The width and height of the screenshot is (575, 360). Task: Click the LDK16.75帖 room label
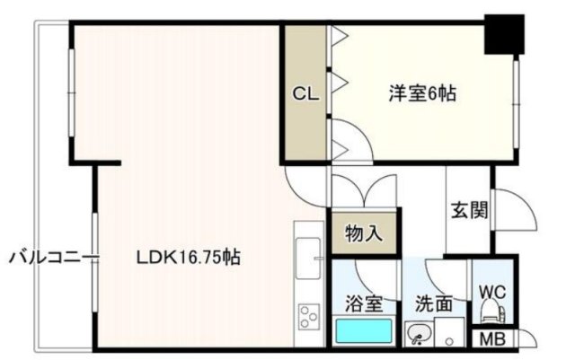click(189, 258)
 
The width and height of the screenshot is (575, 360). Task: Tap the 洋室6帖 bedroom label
click(422, 93)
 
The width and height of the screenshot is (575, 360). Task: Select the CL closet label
click(305, 94)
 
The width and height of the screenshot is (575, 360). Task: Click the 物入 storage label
click(364, 233)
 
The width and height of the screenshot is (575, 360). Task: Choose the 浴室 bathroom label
click(364, 303)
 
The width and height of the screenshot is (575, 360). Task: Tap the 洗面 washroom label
click(434, 303)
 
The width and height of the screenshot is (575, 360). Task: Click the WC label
click(493, 292)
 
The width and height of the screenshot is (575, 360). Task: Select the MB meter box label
click(493, 339)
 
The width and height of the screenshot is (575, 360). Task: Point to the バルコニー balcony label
click(54, 258)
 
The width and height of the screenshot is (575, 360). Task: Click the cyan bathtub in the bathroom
click(364, 330)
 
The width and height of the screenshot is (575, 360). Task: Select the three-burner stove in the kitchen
click(309, 317)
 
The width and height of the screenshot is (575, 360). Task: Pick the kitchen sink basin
click(308, 258)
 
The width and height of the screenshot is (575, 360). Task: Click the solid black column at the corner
click(504, 34)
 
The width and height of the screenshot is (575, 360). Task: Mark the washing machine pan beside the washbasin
click(449, 332)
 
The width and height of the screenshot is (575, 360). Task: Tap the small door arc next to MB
click(528, 338)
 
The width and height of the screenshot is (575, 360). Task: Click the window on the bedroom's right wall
click(517, 104)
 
